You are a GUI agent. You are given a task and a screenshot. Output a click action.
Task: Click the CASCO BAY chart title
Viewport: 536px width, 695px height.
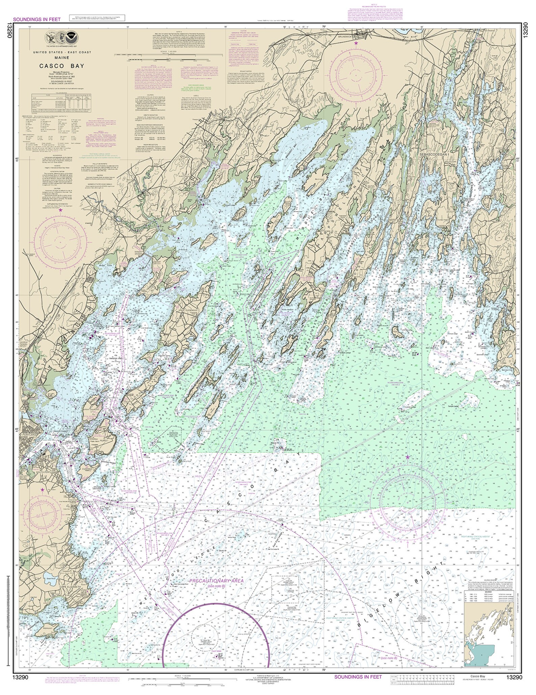[61, 66]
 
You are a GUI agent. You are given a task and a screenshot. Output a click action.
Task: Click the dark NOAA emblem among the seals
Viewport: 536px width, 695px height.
[71, 35]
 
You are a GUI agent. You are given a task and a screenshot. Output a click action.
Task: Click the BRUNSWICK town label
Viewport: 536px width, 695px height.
[345, 35]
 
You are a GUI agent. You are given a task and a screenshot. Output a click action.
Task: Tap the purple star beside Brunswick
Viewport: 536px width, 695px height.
[356, 43]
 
